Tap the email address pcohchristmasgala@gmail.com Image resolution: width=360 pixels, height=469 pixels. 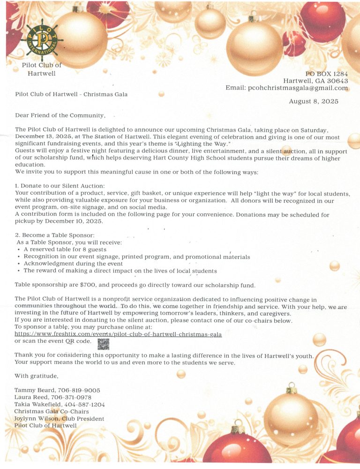tap(298, 88)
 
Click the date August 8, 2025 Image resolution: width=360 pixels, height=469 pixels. tap(314, 101)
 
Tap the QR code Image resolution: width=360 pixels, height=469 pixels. tap(103, 344)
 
